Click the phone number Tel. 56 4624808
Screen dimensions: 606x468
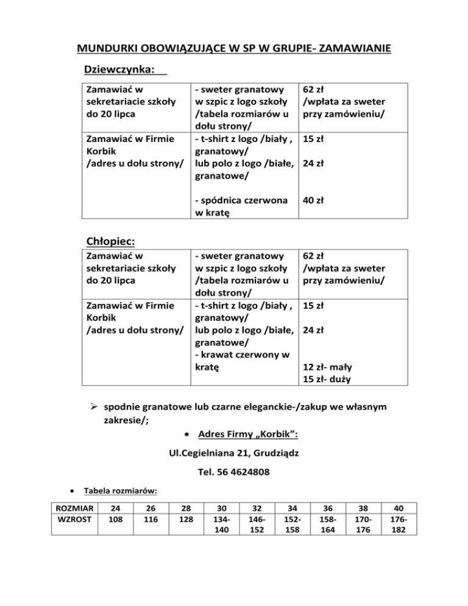[x=234, y=472]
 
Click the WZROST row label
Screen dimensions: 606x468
[x=74, y=520]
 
